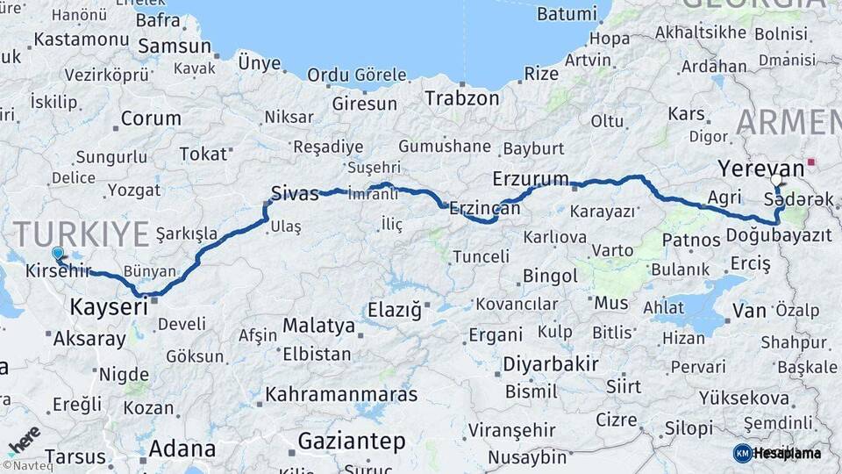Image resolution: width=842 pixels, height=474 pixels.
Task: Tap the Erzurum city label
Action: (x=531, y=178)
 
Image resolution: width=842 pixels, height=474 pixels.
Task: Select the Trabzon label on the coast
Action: (x=461, y=97)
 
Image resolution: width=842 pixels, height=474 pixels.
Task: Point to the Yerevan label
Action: (x=760, y=168)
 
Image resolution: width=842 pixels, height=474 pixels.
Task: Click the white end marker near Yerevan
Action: (x=776, y=181)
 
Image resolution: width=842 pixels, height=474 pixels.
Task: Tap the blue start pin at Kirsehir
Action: (x=58, y=254)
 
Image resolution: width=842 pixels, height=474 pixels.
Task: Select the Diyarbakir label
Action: (x=550, y=363)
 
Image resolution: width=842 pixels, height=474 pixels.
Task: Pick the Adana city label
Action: (x=182, y=449)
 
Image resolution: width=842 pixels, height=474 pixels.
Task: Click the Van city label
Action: (x=749, y=310)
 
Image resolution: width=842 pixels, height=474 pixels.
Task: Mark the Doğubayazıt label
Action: (x=779, y=235)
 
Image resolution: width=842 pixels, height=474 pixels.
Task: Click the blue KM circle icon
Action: (x=742, y=453)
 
